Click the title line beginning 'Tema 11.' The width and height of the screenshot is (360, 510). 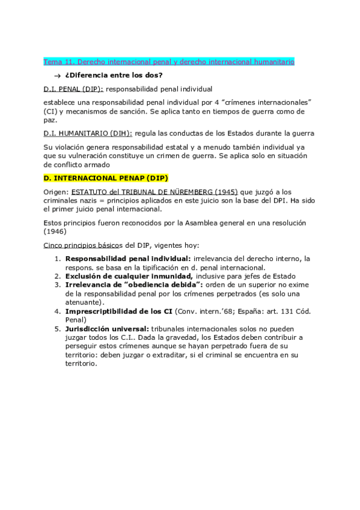coord(169,62)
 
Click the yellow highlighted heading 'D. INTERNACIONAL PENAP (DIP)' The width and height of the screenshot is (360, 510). coord(106,178)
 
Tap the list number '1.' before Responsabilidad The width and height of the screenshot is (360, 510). coord(57,259)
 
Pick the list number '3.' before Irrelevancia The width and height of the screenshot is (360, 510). coord(57,284)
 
